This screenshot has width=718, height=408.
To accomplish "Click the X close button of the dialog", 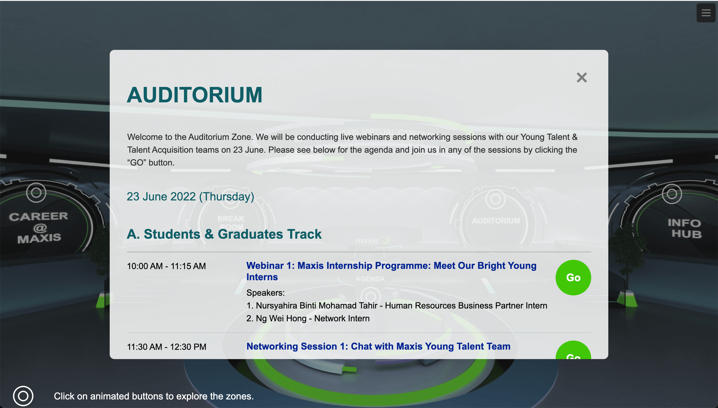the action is point(581,78).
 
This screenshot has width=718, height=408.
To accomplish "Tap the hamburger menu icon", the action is point(706,13).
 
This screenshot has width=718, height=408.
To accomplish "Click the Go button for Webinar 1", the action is point(573,277).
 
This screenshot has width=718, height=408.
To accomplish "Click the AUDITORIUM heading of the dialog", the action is point(195,95).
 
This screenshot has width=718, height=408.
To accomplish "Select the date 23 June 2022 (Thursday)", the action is point(190,196).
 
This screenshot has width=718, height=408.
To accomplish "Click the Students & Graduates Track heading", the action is point(224,234).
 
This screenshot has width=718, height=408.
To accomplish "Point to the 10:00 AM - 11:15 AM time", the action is point(166,266).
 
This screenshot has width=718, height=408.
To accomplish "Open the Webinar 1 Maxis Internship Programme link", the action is point(391,271).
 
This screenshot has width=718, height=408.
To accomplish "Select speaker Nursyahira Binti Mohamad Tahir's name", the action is point(316,305).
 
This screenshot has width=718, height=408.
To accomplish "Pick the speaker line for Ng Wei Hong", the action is point(308,318).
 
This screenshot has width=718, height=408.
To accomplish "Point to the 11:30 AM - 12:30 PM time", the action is point(167,347).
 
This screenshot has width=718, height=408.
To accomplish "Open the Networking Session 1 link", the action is point(378,346).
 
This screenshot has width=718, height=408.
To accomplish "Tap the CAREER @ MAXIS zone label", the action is point(39,227).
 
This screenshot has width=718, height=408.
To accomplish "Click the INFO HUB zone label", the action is point(684,228).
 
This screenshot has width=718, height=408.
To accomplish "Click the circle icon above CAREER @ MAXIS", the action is point(36,193).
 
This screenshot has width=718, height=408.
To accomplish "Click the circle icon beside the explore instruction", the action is point(23,396).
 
